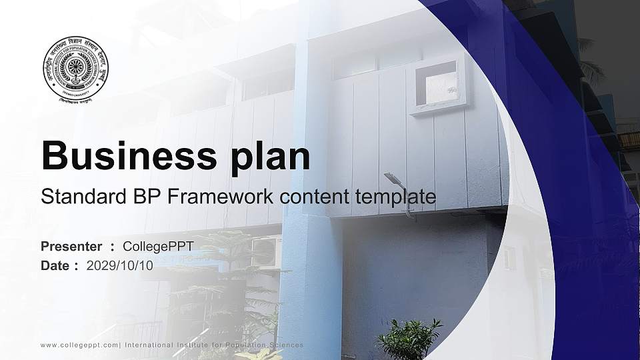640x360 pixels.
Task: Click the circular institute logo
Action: point(75,69)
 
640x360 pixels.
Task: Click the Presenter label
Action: point(71,247)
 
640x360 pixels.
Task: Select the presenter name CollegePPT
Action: point(159,247)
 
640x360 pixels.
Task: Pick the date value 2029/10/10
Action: point(120,265)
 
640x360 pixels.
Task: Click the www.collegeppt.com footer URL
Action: point(79,345)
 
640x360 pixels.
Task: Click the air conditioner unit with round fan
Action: point(266,252)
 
